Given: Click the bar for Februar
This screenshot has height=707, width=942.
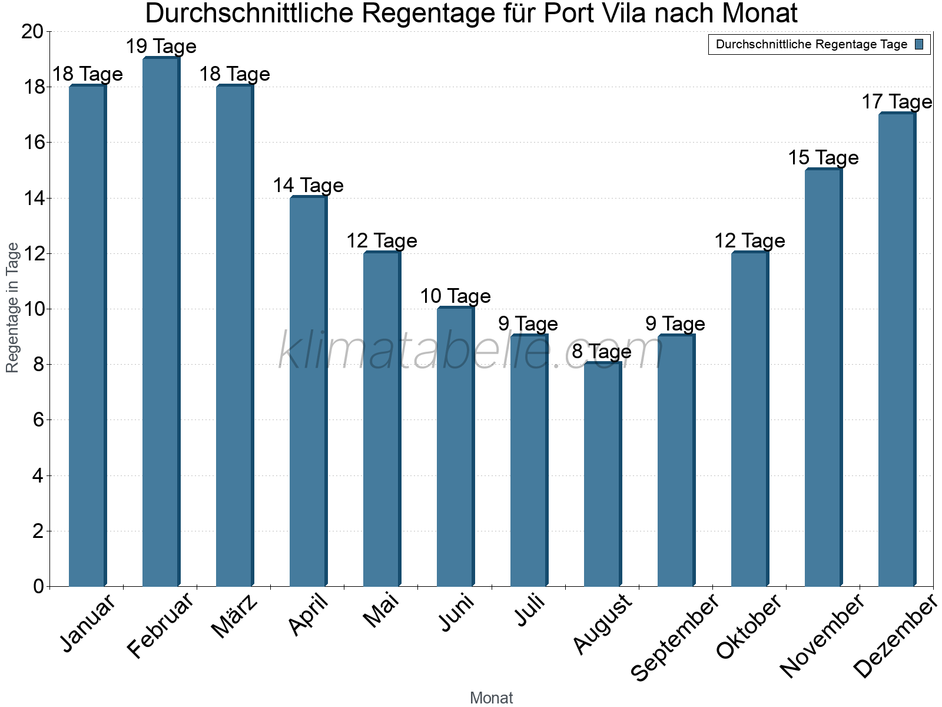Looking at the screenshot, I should click(161, 322).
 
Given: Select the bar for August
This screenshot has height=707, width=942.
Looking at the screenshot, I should click(602, 474).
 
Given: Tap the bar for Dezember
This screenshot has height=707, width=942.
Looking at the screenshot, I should click(897, 350).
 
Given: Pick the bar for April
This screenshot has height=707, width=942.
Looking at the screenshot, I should click(308, 392).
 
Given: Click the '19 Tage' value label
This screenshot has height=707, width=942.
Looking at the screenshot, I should click(161, 46).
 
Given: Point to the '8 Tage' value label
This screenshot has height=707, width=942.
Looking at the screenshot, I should click(602, 352).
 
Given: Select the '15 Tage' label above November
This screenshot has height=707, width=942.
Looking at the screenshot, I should click(823, 158).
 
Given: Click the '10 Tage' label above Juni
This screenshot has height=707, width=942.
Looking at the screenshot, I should click(455, 296).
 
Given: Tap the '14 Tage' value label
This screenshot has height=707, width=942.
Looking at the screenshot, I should click(308, 186).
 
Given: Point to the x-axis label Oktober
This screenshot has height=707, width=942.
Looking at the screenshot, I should click(749, 626).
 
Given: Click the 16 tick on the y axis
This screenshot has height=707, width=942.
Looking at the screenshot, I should click(34, 143).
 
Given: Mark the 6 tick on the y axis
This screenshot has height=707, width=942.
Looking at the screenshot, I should click(39, 420).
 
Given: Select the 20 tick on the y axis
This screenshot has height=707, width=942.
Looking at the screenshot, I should click(34, 32).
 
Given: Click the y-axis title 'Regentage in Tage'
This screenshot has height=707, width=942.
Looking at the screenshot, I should click(12, 308).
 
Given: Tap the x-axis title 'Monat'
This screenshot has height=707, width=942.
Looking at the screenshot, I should click(491, 698).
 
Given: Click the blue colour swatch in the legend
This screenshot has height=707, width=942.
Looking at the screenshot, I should click(920, 44).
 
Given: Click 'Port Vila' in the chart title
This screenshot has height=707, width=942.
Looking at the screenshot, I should click(596, 14).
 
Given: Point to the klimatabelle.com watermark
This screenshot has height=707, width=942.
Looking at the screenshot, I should click(471, 352).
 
